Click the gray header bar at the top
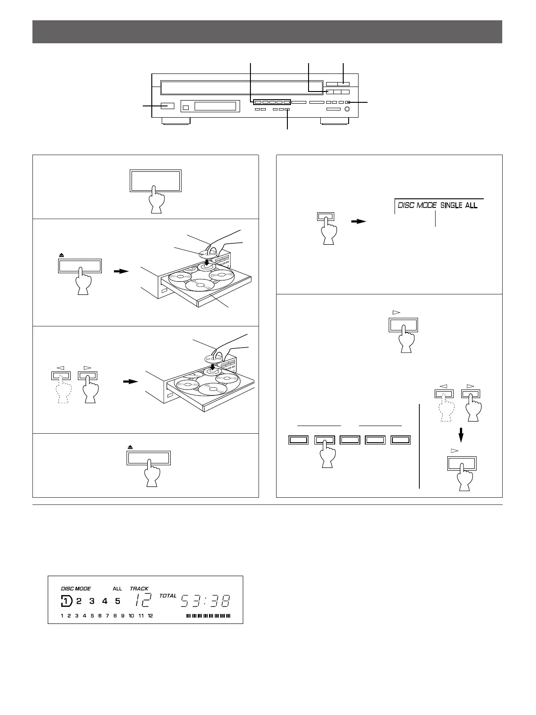(267, 32)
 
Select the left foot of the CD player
(176, 121)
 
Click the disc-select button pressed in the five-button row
(324, 440)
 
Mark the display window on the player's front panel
(215, 106)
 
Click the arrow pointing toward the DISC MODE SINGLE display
(359, 221)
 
